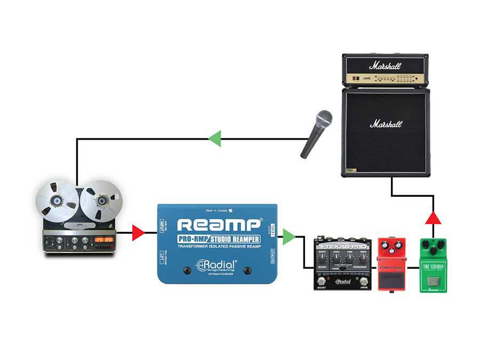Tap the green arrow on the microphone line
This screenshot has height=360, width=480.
[214, 139]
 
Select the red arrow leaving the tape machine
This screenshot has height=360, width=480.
[138, 233]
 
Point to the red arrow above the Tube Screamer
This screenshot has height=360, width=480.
[433, 218]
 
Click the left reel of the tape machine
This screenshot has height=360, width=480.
[57, 201]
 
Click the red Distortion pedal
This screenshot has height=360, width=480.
[392, 264]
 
